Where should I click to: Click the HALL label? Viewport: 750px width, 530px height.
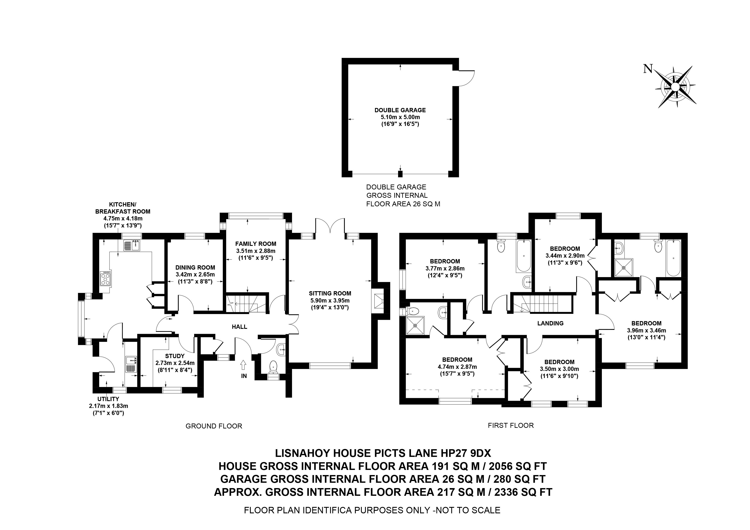point(239,326)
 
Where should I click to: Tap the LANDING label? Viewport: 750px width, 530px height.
point(550,323)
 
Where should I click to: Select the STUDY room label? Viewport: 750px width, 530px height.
point(175,356)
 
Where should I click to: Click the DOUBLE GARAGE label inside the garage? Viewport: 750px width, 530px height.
point(400,110)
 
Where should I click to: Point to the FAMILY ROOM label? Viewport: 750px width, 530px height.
point(255,244)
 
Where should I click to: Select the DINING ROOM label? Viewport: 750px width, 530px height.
point(195,267)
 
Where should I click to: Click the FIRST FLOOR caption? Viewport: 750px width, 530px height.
point(511,425)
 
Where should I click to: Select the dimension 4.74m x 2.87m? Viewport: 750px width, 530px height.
point(457,367)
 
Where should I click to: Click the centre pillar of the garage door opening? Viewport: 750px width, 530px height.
point(400,174)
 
